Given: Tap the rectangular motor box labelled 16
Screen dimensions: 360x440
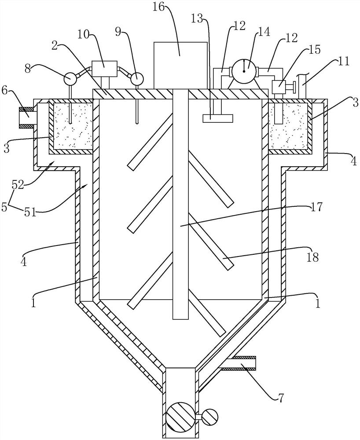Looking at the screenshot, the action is click(180, 66).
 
